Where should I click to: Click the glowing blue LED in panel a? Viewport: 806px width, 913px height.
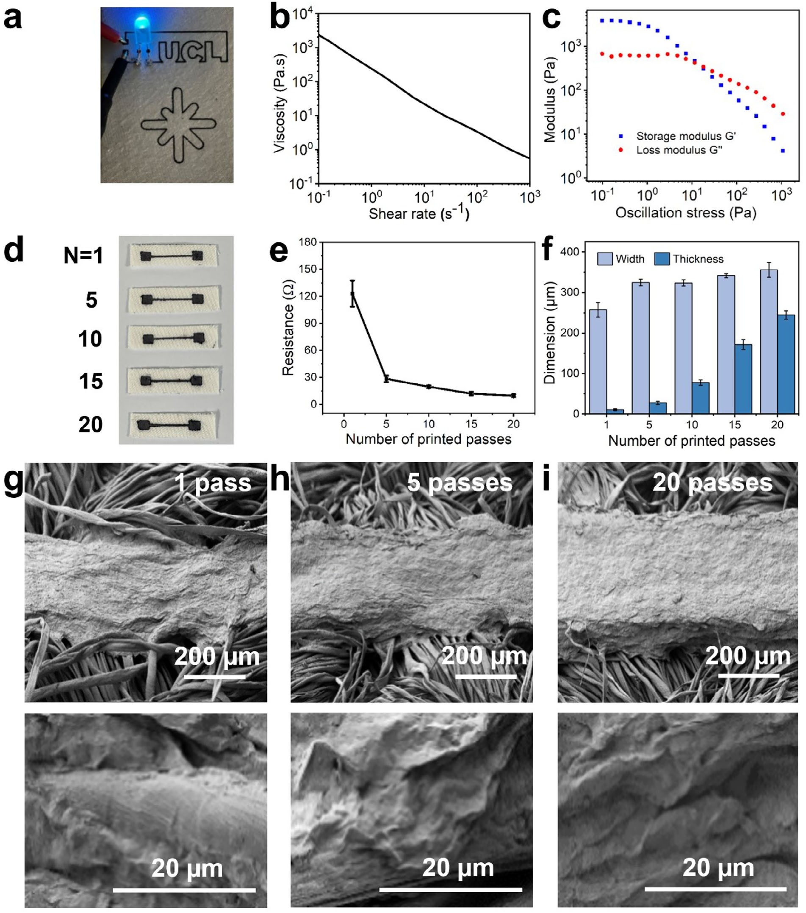coord(141,26)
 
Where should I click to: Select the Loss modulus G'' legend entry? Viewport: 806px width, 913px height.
coord(679,150)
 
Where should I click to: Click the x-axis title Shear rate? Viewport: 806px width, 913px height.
coord(419,214)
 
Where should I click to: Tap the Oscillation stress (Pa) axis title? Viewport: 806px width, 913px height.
coord(685,213)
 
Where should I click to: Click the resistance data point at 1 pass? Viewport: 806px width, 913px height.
coord(353,294)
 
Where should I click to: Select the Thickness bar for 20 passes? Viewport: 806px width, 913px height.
coord(786,364)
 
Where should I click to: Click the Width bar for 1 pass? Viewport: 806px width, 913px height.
coord(598,361)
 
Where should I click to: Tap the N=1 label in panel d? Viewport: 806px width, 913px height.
coord(83,255)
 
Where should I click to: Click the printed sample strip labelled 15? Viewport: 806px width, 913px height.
coord(172,381)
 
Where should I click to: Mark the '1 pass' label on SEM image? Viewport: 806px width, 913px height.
coord(213,483)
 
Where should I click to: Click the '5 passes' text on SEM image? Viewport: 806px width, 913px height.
coord(460,483)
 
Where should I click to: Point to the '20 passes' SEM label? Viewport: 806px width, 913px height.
coord(712,483)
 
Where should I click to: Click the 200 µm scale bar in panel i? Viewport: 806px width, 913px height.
coord(748,676)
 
